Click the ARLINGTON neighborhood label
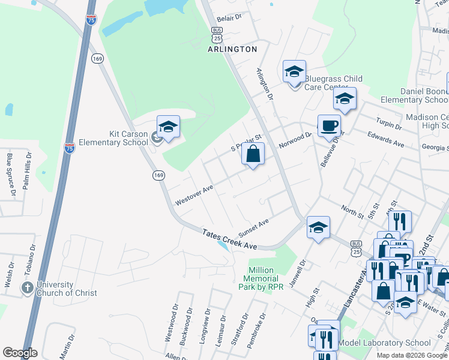(233, 49)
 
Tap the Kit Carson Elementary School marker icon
(169, 127)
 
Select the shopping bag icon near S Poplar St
(253, 154)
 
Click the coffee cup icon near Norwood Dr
(328, 127)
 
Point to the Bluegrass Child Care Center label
(333, 83)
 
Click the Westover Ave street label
(194, 196)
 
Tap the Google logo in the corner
(20, 353)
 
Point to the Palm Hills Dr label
(27, 172)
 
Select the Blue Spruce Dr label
(10, 174)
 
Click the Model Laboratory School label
(384, 343)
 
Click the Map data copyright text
(412, 355)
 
